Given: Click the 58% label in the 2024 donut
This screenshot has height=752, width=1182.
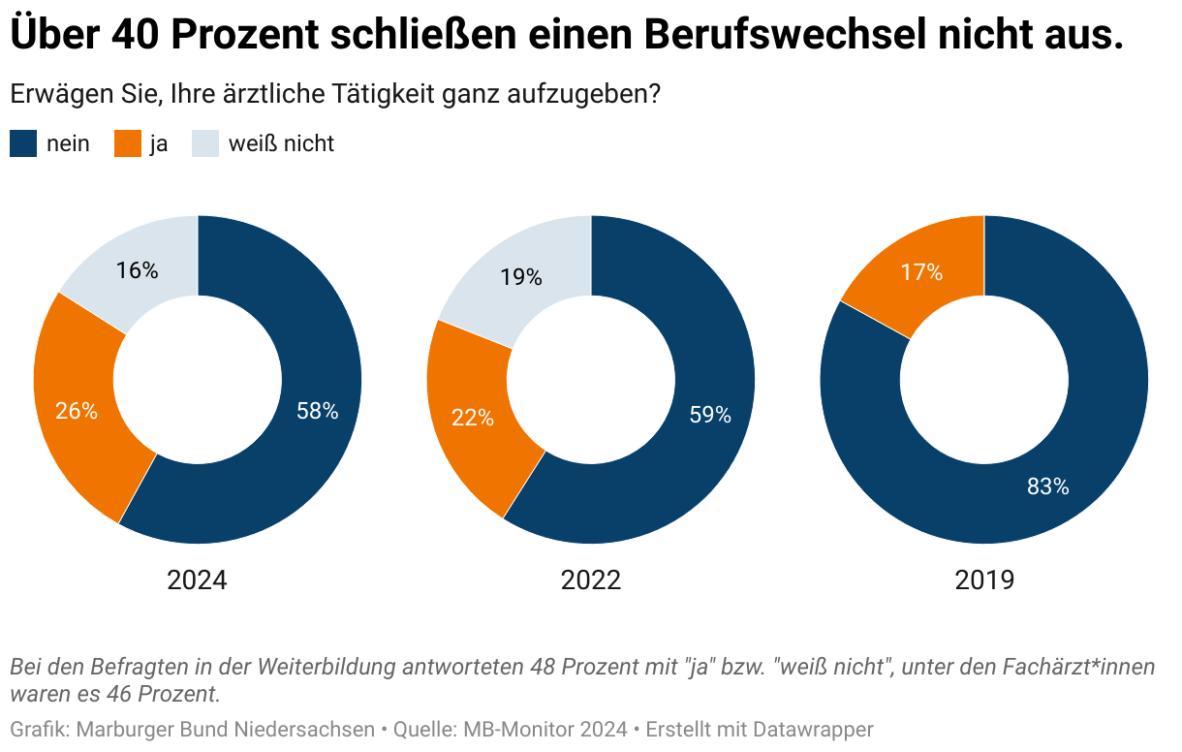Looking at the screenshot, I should [317, 412].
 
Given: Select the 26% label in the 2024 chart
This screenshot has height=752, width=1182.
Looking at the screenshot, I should [77, 412].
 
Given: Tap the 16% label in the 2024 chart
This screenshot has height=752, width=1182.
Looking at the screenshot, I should [137, 271].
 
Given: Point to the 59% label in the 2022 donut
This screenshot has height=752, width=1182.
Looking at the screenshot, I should [710, 416].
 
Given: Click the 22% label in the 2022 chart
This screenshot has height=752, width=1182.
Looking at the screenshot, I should [473, 419].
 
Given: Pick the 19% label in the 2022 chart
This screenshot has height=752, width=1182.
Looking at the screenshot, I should [521, 278].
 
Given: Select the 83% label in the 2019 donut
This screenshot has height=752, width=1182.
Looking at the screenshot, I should [1047, 487].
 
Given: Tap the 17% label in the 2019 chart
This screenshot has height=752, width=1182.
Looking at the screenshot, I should [921, 272].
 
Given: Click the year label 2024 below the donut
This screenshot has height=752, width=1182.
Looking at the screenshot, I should [197, 580].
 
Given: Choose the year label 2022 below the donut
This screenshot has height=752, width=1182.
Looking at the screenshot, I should [590, 580].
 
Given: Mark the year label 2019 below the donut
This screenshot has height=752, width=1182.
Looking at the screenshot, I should [984, 580].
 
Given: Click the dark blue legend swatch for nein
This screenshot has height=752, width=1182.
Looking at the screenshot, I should [23, 144].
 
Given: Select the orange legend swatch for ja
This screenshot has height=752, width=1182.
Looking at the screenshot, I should [128, 144].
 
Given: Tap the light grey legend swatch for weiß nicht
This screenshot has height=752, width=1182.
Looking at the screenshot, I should [204, 144].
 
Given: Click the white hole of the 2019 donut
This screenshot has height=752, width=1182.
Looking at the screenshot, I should [984, 380].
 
